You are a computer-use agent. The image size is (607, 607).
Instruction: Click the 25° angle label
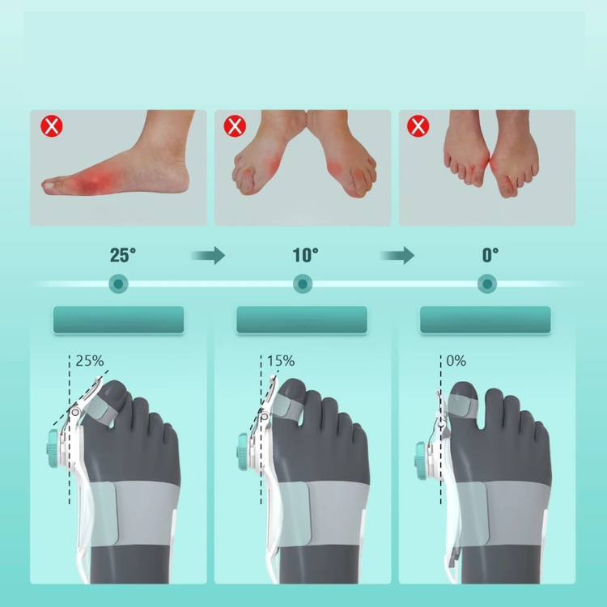(123, 255)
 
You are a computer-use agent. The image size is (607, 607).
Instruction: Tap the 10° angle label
(305, 255)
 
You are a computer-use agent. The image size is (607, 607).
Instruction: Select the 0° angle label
(490, 255)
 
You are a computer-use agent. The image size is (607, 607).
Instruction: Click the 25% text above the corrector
(90, 361)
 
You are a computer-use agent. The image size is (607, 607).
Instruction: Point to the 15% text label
(281, 361)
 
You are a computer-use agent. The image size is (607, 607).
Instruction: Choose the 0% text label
(456, 361)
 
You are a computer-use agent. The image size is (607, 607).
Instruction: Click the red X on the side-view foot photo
(52, 125)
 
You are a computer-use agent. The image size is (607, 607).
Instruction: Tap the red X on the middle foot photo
(235, 125)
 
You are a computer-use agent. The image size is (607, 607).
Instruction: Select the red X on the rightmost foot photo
(418, 125)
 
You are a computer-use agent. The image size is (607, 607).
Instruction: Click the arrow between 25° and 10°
(208, 256)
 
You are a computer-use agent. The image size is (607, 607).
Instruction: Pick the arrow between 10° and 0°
(397, 256)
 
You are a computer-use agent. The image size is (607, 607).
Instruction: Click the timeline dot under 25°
(118, 284)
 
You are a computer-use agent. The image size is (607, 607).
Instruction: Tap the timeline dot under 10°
(303, 284)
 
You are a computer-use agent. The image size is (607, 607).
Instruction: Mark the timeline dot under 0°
(487, 284)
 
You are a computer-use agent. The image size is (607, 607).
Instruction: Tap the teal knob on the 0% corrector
(420, 456)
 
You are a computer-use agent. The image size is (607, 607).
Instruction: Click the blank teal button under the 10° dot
(302, 320)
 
